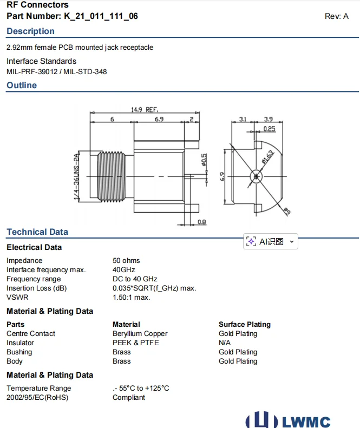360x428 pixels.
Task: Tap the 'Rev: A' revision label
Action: click(336, 16)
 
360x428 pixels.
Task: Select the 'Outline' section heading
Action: click(22, 85)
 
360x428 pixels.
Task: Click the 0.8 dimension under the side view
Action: click(201, 222)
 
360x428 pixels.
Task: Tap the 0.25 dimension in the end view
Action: click(269, 129)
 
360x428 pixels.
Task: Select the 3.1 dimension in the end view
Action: click(243, 119)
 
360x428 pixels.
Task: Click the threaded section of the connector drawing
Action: click(111, 176)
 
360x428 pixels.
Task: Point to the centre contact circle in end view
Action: click(256, 176)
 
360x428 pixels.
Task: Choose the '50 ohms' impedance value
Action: click(126, 261)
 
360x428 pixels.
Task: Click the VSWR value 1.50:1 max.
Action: click(132, 298)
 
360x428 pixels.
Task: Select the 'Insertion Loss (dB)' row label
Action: click(37, 288)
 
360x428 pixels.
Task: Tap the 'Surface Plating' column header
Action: click(244, 325)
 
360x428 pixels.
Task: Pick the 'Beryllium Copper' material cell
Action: click(140, 334)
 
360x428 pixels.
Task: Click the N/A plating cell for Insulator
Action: click(225, 343)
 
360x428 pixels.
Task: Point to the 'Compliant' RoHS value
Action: click(129, 398)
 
